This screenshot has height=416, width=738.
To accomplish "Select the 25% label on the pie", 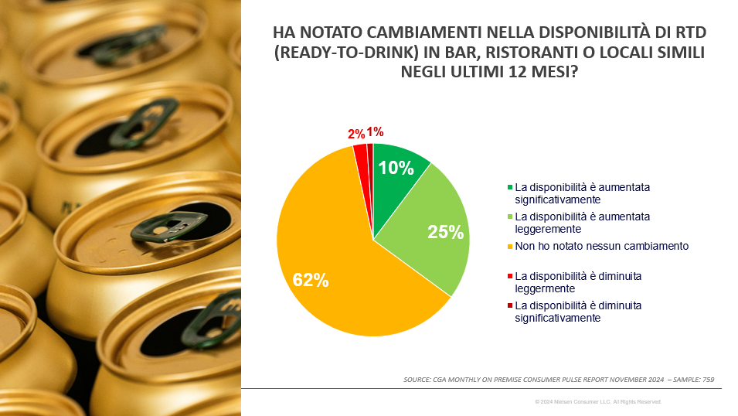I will click(445, 231).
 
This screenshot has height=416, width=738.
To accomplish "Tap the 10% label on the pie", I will click(394, 168).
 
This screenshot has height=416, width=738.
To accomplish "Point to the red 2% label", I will click(357, 134).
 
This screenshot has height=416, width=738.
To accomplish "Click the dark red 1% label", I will click(376, 132).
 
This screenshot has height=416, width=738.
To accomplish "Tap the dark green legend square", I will click(510, 187).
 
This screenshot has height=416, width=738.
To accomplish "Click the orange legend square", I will click(510, 246).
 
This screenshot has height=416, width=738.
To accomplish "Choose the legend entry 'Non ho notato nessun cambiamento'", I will click(601, 246).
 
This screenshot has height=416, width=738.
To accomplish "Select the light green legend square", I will click(510, 217).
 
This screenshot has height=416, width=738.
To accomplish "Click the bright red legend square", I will click(510, 276).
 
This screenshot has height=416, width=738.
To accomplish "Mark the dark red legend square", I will click(510, 306).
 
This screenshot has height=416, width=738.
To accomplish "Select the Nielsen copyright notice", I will click(598, 402).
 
